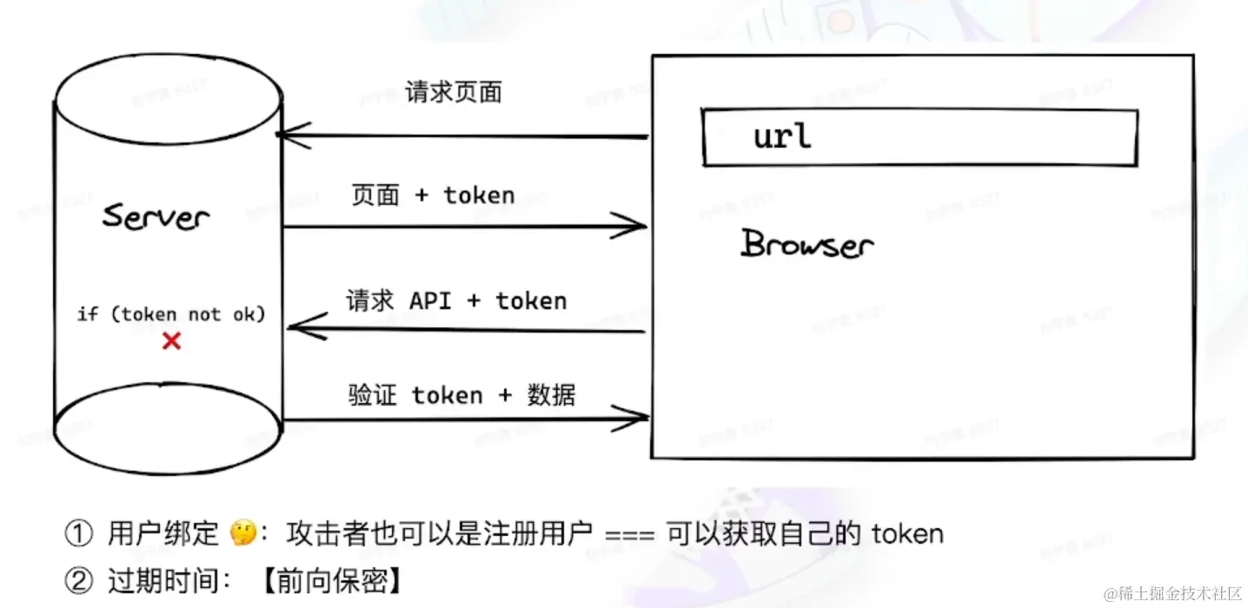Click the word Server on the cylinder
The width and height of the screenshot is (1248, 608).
156,215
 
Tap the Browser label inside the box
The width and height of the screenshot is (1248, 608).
807,244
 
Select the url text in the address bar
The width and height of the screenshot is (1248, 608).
782,136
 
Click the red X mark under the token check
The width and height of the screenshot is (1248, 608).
172,341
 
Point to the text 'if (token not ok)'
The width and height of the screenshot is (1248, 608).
171,314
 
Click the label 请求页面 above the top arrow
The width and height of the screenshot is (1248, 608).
454,92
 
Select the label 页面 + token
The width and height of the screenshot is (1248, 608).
433,195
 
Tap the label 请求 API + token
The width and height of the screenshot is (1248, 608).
456,301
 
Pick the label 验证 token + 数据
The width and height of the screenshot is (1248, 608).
461,395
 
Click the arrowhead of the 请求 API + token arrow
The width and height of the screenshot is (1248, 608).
297,327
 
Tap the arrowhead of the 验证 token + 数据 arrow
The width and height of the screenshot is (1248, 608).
639,419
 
